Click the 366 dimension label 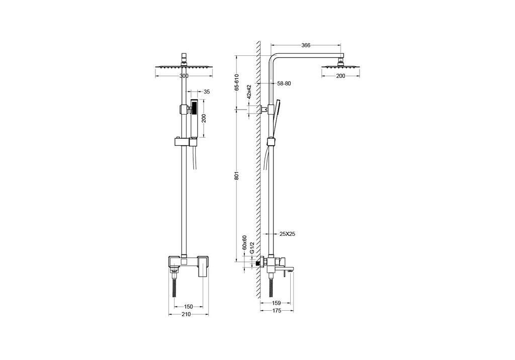click(x=306, y=45)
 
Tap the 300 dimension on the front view click(x=184, y=76)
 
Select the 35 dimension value click(x=207, y=92)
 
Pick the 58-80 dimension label click(x=284, y=83)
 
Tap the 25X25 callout click(x=287, y=234)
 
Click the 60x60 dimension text click(x=244, y=243)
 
